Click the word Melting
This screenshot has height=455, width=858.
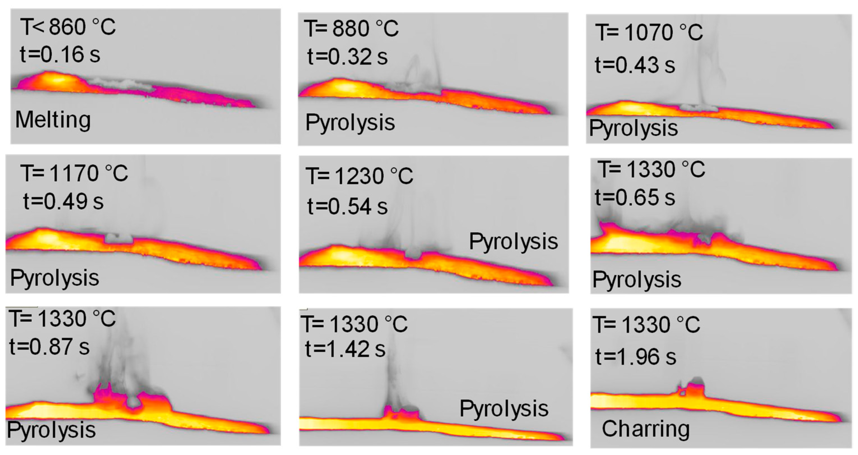coord(53,120)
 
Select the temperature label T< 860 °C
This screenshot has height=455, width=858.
coord(68,27)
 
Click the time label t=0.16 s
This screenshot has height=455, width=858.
coord(60,55)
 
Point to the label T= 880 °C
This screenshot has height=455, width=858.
coord(351,28)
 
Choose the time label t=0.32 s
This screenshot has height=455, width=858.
coord(347,57)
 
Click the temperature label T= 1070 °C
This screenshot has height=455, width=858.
coord(649,33)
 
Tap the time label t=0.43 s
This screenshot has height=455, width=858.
coord(635,65)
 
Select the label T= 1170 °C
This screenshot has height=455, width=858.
coord(74,173)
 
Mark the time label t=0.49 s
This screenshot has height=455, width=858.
coord(63,202)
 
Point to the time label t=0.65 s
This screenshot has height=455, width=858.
coord(635,197)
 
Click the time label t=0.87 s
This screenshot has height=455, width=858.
coord(49,347)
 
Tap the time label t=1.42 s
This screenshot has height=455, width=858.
coord(345,349)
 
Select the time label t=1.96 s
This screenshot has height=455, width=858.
coord(636,357)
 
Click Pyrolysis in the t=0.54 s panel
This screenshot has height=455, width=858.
coord(513,241)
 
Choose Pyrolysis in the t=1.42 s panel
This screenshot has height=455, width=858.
coord(504,409)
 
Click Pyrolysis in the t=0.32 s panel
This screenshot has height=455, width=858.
coord(350,123)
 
